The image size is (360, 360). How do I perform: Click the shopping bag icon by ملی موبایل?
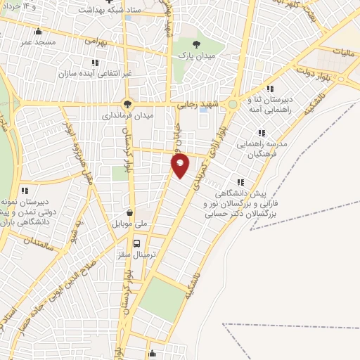[x=130, y=212]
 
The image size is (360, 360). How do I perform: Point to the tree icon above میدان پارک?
[x=186, y=42]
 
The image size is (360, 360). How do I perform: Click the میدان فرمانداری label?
[x=127, y=114]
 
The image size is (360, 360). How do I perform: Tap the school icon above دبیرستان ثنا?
[x=270, y=89]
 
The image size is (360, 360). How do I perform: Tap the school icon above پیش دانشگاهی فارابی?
[x=241, y=181]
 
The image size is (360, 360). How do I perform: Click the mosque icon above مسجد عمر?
[x=38, y=30]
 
